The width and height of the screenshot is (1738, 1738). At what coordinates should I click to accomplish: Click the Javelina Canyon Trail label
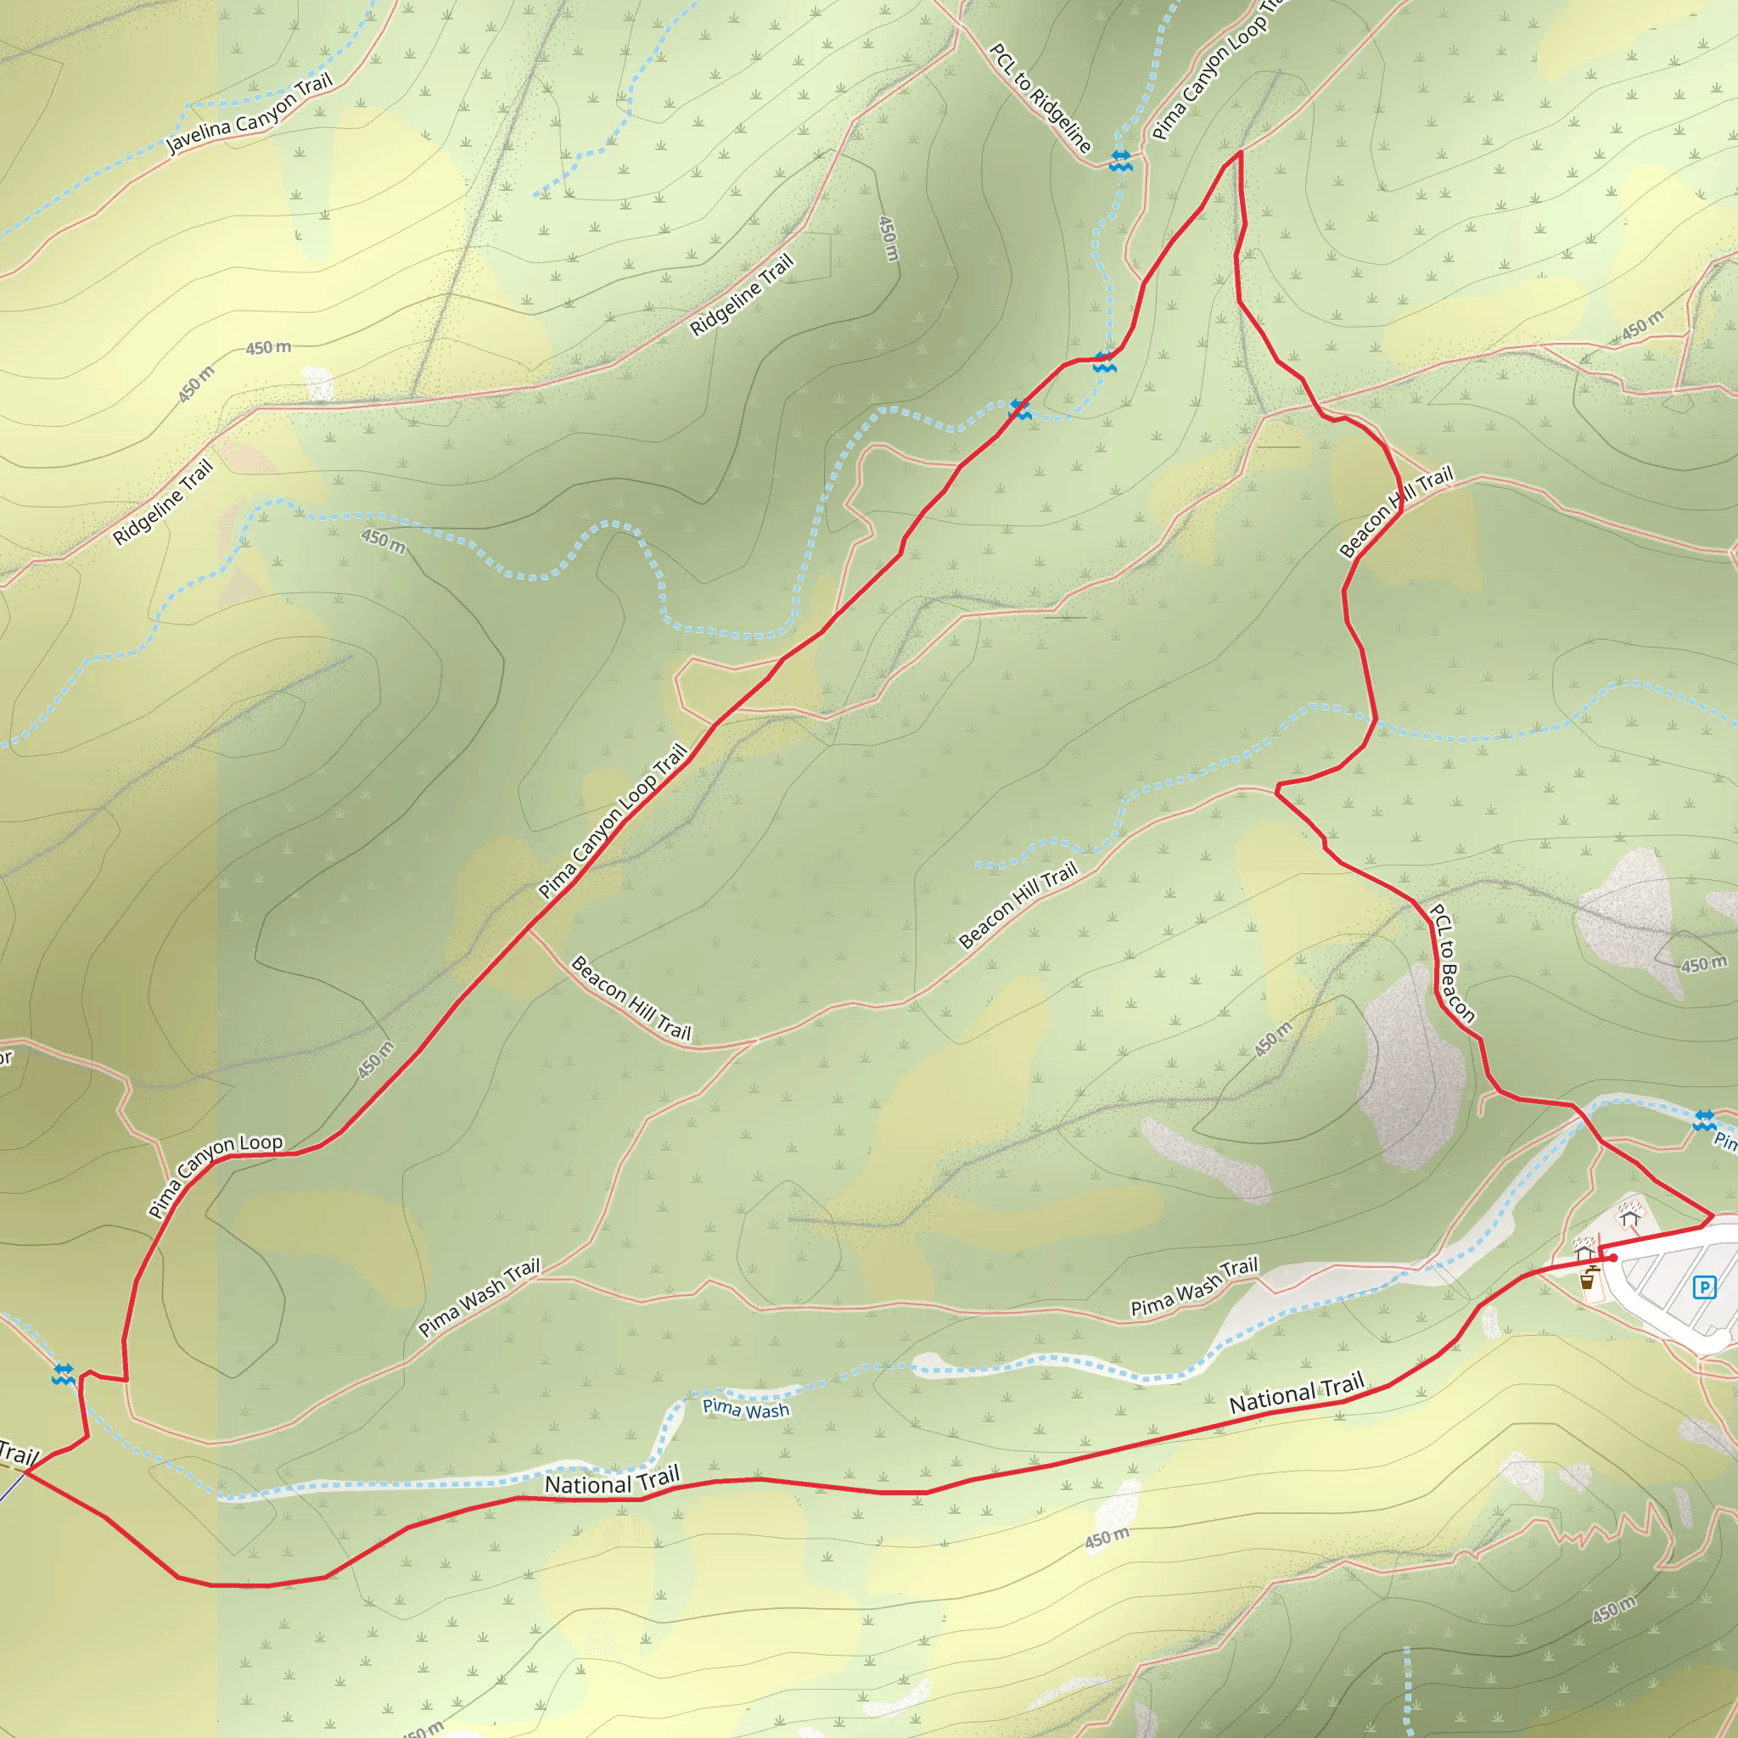click(249, 114)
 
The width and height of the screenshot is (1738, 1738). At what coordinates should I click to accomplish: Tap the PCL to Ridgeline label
click(1040, 98)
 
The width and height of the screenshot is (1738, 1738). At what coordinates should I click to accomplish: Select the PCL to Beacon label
click(1452, 963)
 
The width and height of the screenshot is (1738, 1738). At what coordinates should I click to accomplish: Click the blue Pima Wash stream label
click(746, 1408)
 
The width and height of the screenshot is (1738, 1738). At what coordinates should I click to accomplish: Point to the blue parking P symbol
click(1704, 1287)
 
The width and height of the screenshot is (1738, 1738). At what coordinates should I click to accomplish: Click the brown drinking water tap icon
click(1589, 1277)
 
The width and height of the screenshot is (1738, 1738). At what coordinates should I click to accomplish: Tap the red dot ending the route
click(1614, 1258)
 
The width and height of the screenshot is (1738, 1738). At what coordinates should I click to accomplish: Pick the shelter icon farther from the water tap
click(1630, 1218)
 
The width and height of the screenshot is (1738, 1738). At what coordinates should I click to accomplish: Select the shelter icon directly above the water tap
click(1584, 1252)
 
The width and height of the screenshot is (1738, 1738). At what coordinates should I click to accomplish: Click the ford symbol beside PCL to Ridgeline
click(1120, 161)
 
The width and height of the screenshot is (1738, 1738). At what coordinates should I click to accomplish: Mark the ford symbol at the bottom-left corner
click(63, 1375)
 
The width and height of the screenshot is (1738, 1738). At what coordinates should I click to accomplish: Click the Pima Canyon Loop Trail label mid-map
click(613, 821)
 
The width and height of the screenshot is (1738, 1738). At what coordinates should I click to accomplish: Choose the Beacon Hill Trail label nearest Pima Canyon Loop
click(631, 999)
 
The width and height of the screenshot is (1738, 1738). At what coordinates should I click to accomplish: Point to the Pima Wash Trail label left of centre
click(479, 1298)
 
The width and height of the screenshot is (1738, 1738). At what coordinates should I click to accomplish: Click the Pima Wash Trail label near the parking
click(1194, 1287)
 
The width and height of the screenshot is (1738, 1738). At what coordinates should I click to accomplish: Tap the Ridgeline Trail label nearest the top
click(743, 294)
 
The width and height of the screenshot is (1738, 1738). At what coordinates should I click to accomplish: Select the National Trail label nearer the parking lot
click(1297, 1393)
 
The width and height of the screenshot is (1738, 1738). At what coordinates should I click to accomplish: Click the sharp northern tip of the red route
click(1241, 152)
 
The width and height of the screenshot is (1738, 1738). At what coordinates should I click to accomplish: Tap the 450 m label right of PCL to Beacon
click(1703, 964)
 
